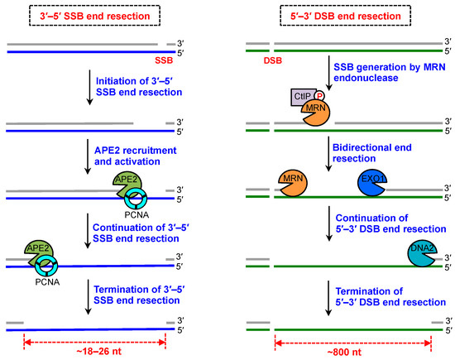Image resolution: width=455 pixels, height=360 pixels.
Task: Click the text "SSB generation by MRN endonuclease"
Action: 377,83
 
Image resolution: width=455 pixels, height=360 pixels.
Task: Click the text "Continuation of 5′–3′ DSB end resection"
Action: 376,224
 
